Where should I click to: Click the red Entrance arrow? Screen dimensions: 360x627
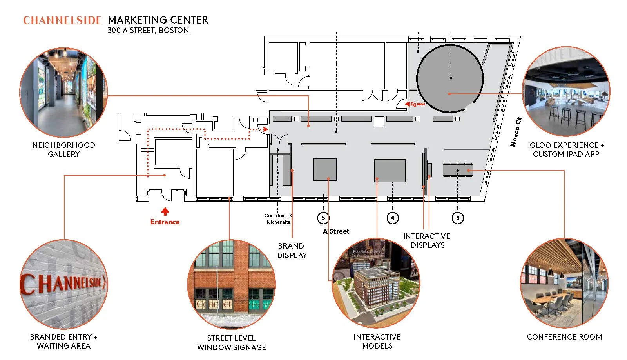point(165,211)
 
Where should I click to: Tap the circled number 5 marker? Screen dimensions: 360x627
point(323,218)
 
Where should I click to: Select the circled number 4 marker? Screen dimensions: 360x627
point(393,218)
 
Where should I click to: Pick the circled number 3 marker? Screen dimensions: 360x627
point(458,218)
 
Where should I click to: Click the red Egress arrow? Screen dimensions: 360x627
point(407,104)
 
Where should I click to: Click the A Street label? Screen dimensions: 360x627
point(336,231)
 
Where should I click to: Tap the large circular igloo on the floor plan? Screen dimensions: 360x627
point(449,78)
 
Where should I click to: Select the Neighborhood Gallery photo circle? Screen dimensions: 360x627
point(63,92)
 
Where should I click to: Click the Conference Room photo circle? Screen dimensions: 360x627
point(564,283)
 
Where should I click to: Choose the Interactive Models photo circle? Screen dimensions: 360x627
point(376,283)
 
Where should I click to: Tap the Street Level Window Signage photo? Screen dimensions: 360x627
point(231,284)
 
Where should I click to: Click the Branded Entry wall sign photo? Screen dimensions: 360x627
point(63,284)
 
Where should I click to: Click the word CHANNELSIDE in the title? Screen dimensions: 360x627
point(62,20)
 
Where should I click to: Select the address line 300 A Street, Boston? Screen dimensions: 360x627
point(148,31)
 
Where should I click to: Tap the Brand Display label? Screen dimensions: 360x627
point(292,251)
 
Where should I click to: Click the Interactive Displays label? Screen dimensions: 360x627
point(427,240)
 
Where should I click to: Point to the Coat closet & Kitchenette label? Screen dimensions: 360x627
point(278,219)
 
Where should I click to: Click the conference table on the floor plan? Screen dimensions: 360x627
point(458,170)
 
